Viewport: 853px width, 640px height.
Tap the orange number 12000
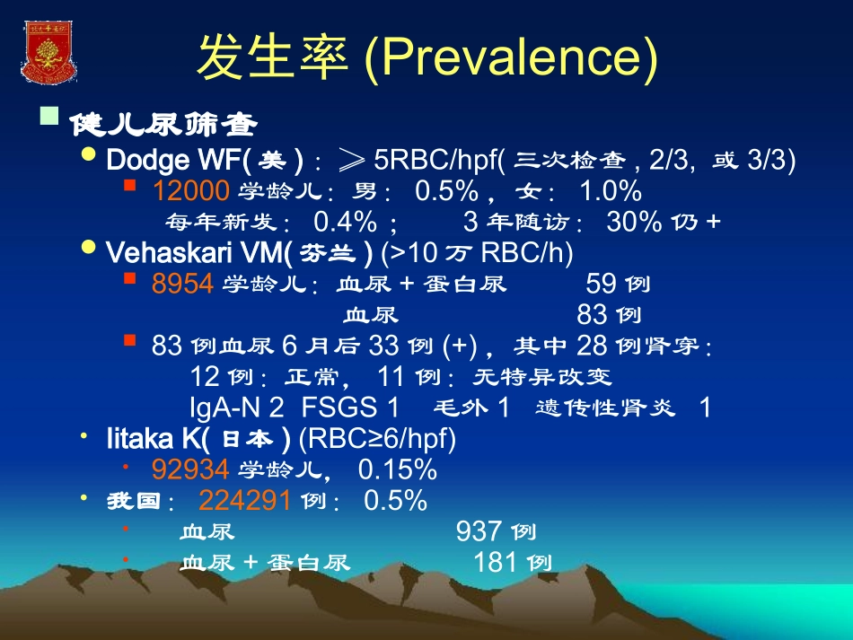click(x=191, y=190)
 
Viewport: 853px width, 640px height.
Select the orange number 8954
click(x=182, y=284)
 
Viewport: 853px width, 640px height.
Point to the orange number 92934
click(x=190, y=469)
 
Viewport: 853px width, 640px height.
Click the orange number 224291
click(x=244, y=500)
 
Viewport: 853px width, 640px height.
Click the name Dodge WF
click(x=171, y=160)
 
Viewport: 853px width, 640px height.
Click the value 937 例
click(x=496, y=531)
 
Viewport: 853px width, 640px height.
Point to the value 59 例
click(x=618, y=284)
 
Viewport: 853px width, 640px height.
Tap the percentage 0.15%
click(x=397, y=469)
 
